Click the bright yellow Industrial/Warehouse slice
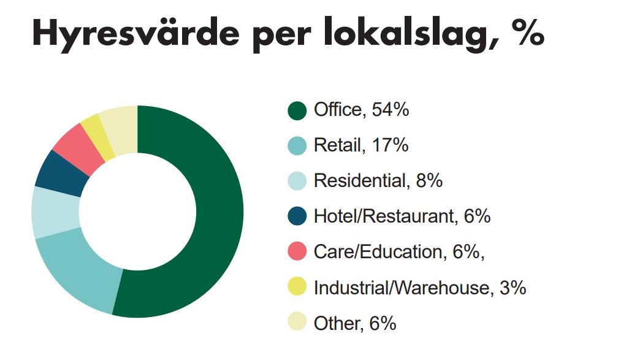pos(98,133)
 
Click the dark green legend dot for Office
pos(297,111)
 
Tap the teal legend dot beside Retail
pos(297,146)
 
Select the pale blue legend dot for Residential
pos(297,182)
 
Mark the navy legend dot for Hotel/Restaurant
pos(297,216)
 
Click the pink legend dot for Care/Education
pos(297,252)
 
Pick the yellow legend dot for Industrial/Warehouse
pos(297,288)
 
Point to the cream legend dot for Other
pos(297,323)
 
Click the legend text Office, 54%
pos(361,110)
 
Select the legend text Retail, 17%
pos(360,146)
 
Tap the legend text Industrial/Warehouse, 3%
pos(420,288)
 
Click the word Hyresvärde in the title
pos(134,34)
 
